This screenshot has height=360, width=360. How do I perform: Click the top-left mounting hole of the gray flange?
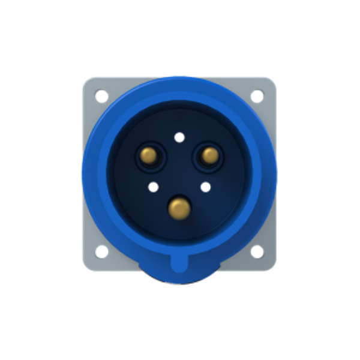(101, 94)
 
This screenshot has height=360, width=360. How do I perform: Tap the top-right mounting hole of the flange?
(257, 95)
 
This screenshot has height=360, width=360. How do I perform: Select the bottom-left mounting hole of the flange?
(101, 251)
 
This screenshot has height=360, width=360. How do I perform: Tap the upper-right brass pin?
(209, 155)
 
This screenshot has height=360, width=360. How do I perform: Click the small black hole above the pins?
(179, 137)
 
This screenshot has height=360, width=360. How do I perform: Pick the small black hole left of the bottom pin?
(152, 187)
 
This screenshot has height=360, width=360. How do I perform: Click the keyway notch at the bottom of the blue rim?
(179, 262)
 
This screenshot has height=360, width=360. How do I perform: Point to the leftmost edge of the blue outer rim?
(82, 174)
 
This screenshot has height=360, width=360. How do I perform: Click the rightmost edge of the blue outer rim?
(277, 174)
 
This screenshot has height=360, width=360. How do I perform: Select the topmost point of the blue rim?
(179, 76)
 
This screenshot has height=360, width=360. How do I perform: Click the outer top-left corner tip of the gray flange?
(83, 77)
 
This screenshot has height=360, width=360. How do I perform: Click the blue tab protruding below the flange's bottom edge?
(179, 277)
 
